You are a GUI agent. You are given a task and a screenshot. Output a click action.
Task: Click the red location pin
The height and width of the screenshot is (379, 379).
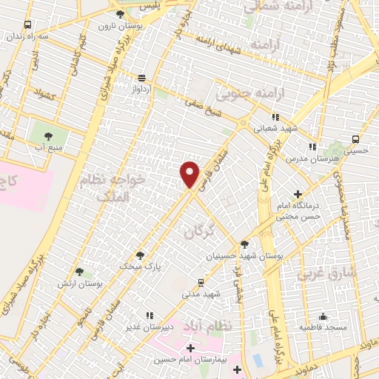(190, 174)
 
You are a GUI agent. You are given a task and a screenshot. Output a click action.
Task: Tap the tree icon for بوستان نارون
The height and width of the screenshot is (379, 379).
(120, 14)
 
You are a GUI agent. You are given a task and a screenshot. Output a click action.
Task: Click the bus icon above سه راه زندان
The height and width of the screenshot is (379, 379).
(27, 24)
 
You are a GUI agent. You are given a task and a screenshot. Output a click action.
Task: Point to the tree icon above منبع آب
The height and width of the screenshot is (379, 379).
(49, 136)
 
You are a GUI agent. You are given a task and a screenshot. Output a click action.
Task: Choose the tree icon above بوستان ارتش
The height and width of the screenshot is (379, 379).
(79, 272)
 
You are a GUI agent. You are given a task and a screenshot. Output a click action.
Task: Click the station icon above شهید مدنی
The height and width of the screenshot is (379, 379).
(201, 282)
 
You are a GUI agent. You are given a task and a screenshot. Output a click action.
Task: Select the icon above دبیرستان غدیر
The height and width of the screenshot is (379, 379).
(150, 315)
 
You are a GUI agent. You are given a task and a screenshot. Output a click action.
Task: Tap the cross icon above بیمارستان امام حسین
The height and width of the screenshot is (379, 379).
(190, 347)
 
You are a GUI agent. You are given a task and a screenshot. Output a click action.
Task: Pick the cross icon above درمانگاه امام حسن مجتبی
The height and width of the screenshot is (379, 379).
(297, 194)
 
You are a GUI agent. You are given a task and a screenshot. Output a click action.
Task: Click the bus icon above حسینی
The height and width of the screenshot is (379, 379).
(356, 138)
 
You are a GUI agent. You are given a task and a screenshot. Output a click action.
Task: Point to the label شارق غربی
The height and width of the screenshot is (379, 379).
(322, 274)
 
